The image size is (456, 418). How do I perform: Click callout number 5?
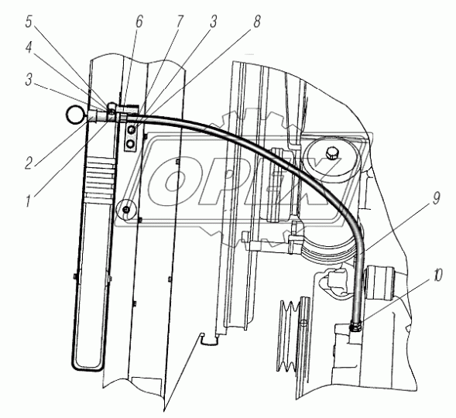click(x=29, y=22)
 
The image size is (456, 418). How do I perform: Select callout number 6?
click(x=139, y=21)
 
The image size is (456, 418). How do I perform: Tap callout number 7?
click(x=179, y=21)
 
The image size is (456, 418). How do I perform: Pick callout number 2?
click(x=29, y=163)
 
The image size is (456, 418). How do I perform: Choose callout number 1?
click(x=29, y=200)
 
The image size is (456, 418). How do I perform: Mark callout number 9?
click(x=435, y=198)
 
